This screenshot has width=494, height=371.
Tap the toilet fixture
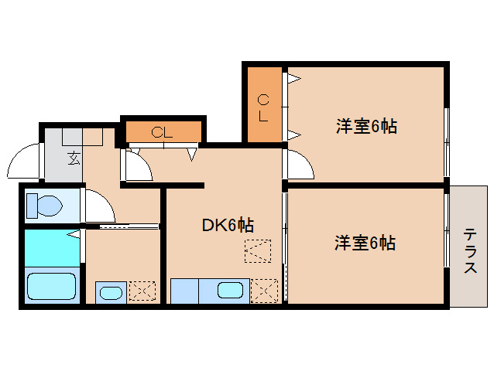(x=45, y=206)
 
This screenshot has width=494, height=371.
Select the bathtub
(x=51, y=286)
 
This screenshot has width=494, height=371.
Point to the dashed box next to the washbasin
(x=142, y=291)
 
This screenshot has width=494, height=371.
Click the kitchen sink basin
(x=231, y=291)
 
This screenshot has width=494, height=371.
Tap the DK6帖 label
(x=228, y=225)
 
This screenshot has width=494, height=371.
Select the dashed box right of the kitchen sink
(x=264, y=290)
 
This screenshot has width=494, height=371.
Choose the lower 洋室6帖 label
(x=365, y=243)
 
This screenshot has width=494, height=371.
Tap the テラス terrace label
(x=470, y=250)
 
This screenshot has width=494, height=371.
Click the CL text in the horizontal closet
(x=162, y=132)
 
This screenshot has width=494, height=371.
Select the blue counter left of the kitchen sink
(x=184, y=291)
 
